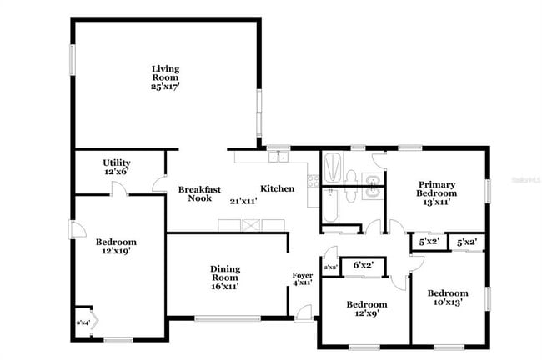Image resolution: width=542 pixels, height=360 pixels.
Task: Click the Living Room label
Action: pos(165,72)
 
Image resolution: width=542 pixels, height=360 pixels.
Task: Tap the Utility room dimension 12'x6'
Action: pos(116,171)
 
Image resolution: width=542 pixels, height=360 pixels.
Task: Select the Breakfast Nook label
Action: pos(199,194)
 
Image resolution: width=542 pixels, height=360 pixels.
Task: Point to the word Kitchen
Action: pos(277,188)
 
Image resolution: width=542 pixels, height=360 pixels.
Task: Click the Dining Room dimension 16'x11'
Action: pos(225,286)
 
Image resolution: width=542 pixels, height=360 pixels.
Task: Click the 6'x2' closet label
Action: pos(362,265)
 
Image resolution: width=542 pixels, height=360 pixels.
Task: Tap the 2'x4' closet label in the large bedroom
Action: pos(83,322)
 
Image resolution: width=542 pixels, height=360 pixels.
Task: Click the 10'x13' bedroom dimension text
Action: pos(448,302)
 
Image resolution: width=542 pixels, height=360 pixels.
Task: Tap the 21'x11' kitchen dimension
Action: pos(242,201)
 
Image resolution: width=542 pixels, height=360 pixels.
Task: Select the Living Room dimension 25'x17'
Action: pos(165,85)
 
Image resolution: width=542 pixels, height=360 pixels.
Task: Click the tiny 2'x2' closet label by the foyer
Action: pos(330,267)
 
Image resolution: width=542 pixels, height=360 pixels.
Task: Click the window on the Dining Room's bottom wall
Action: pos(227,317)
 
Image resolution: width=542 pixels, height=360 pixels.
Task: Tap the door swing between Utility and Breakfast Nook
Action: pos(158,187)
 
